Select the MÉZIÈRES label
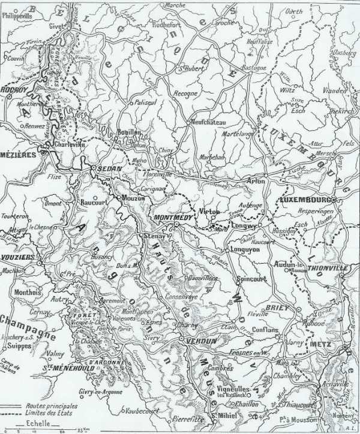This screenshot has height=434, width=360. point(18,153)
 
